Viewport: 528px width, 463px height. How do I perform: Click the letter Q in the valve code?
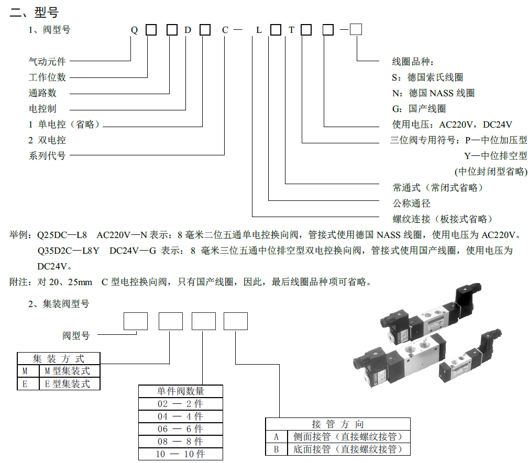click(x=134, y=30)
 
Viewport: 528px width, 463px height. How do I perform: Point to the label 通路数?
click(x=42, y=93)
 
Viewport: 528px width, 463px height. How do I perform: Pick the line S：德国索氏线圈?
click(x=427, y=77)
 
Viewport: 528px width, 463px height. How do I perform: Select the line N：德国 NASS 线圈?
click(x=433, y=93)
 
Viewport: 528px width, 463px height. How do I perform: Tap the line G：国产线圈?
click(x=419, y=109)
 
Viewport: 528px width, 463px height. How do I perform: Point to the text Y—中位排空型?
click(x=496, y=156)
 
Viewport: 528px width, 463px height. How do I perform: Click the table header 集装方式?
click(x=58, y=358)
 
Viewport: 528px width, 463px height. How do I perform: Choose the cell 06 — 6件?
click(x=180, y=429)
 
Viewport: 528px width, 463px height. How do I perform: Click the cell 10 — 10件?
click(x=180, y=454)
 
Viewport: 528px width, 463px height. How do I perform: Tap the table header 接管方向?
click(x=337, y=424)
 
